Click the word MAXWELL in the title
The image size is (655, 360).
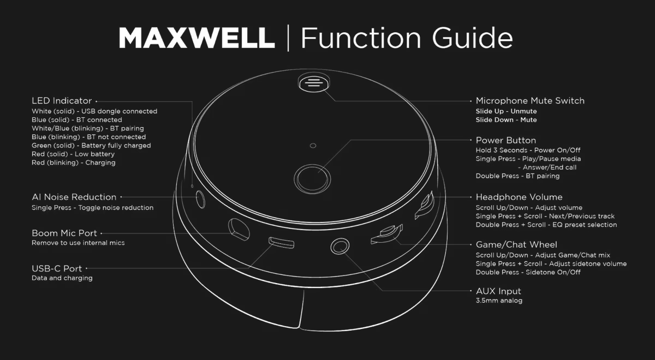coord(196,38)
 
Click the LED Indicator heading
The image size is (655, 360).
coord(62,101)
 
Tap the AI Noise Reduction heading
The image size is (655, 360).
coord(74,197)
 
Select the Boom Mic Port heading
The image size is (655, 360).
coord(64,233)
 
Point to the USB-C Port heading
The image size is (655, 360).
coord(57,268)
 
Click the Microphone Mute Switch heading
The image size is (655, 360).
coord(529,101)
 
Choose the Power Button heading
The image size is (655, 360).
coord(505,140)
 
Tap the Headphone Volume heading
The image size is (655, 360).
coord(519,197)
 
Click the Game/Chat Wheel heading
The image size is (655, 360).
coord(516,244)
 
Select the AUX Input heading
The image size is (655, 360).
coord(498,291)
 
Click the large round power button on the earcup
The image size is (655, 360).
coord(312,178)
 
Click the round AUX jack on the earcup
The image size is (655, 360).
coord(339,247)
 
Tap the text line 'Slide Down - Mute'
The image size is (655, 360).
coord(506,120)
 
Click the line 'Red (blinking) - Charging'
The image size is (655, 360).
coord(73,163)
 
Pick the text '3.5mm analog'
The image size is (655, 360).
coord(499,301)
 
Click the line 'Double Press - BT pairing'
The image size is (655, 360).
coord(517,176)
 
